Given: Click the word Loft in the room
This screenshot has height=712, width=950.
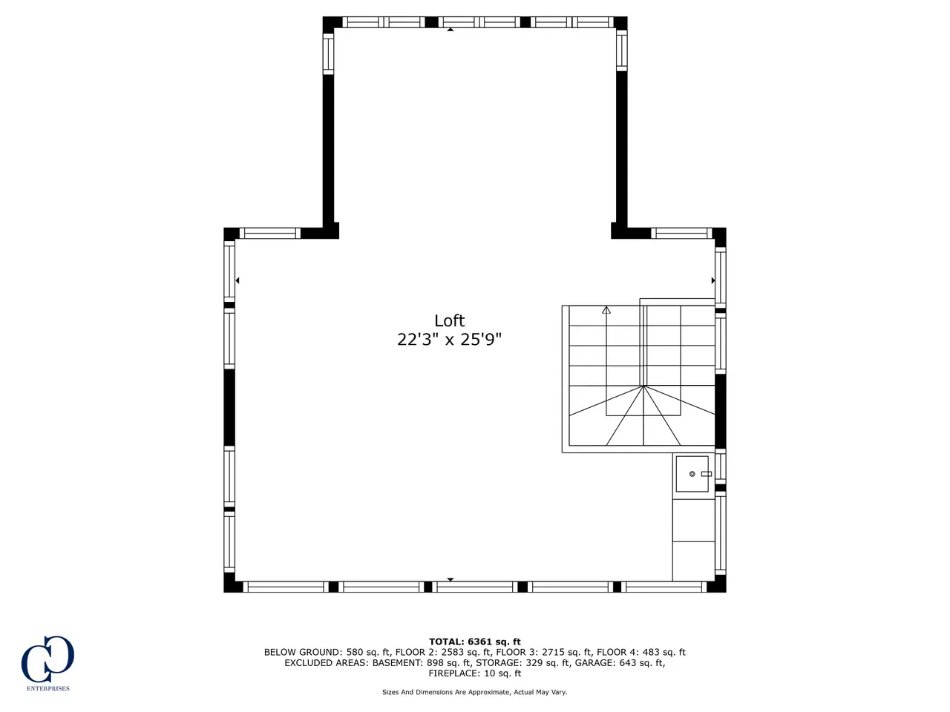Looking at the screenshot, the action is [449, 320].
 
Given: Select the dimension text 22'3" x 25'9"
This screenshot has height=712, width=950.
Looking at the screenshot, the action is [449, 340].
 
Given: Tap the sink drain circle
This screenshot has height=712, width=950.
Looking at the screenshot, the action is [692, 474].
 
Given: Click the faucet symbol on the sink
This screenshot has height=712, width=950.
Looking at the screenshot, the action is [707, 474].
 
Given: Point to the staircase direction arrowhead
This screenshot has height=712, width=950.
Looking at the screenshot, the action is [606, 310].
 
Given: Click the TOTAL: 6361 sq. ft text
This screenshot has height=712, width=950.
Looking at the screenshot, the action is [475, 642].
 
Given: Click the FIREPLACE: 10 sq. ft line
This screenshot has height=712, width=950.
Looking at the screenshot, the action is [475, 673].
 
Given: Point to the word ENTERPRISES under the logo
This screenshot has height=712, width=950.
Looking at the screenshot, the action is [48, 688].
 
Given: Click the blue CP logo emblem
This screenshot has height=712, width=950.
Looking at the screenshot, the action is [47, 659].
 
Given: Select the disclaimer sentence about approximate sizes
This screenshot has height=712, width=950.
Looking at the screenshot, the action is [475, 692].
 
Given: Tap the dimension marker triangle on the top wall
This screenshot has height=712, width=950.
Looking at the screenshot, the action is [450, 30].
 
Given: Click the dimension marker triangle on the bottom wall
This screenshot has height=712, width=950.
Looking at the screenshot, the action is [450, 579].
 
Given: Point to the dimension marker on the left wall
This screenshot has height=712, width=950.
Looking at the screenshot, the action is [237, 280].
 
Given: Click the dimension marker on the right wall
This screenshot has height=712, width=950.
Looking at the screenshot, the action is [713, 280].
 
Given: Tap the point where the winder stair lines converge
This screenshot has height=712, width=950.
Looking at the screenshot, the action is [643, 386].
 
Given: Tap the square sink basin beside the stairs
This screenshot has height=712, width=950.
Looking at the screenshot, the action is [692, 474].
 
